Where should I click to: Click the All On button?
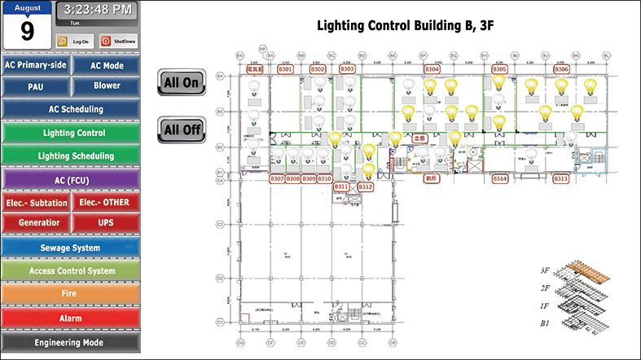tap(181, 82)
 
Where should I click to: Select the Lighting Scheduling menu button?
tap(70, 156)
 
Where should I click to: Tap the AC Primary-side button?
tap(36, 65)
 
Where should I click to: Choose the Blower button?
tap(106, 86)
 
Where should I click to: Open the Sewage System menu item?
tap(70, 248)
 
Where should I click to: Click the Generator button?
tap(36, 222)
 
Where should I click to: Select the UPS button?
tap(106, 222)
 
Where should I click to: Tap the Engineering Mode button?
tap(70, 343)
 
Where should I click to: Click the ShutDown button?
tap(119, 41)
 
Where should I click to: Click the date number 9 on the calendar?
tap(28, 32)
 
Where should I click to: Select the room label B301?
tap(285, 70)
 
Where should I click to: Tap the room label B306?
tap(561, 70)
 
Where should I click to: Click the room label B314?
tap(500, 178)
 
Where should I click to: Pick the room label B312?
tap(365, 187)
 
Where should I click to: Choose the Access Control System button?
tap(70, 270)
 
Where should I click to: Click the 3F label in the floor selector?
tap(545, 270)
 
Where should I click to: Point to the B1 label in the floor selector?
tap(546, 323)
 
